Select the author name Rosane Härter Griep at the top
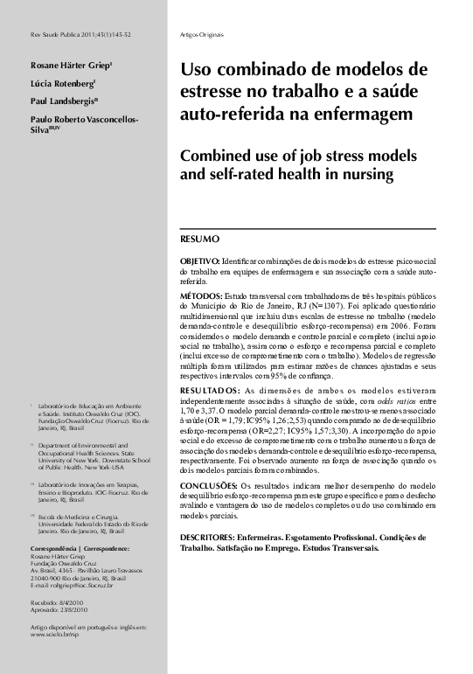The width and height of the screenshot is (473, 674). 60,65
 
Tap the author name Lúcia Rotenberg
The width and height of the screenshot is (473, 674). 54,83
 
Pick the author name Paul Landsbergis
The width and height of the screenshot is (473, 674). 58,101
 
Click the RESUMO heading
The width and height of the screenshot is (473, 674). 199,239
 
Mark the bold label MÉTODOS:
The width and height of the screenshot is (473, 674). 199,297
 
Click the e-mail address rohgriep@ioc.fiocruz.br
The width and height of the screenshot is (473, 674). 84,584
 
